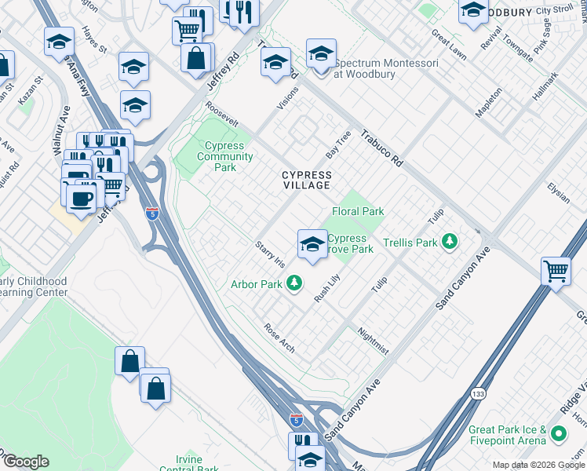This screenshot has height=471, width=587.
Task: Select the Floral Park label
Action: click(358, 211)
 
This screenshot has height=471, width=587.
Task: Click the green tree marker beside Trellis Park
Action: click(450, 242)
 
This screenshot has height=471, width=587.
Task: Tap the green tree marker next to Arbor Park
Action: click(294, 282)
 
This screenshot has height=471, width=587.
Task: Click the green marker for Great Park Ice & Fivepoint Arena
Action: click(559, 433)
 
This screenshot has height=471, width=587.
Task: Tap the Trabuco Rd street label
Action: click(382, 148)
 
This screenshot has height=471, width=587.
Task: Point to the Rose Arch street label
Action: click(279, 338)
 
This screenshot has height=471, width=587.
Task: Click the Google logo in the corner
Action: click(26, 462)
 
